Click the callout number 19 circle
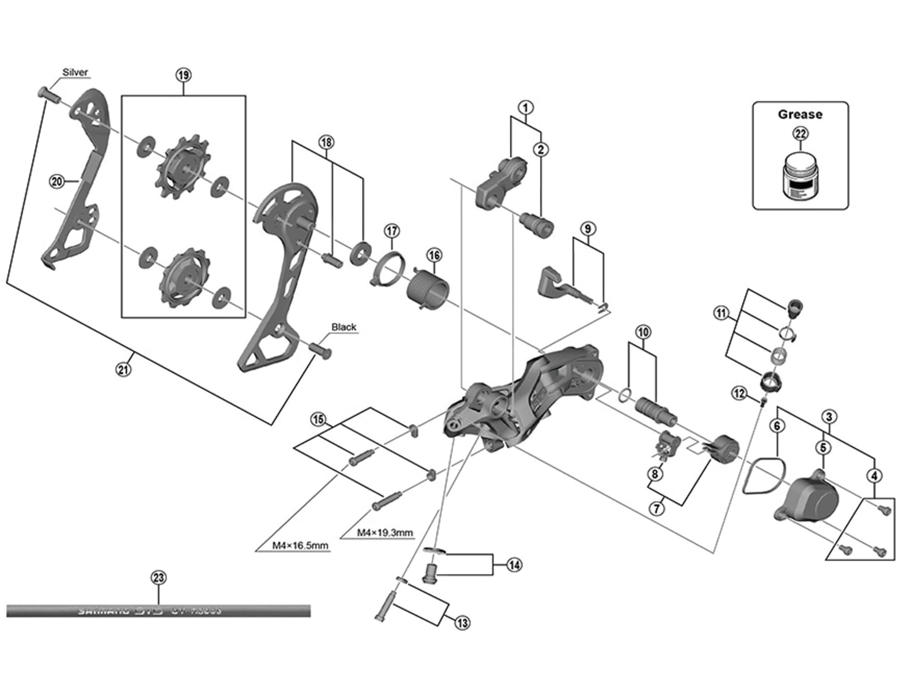point(184,75)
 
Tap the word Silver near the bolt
point(75,72)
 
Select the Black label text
point(344,327)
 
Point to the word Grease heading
point(800,114)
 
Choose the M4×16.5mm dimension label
point(300,546)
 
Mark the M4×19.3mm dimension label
point(385,533)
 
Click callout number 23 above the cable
point(159,577)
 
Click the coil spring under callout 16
point(429,290)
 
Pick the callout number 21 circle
point(123,369)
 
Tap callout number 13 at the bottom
point(463,623)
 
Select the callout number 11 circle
point(721,313)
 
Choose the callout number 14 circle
point(514,565)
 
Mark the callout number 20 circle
point(57,181)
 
